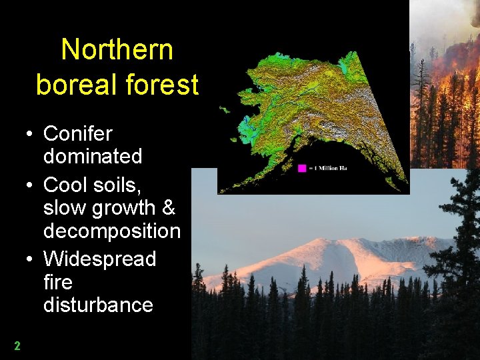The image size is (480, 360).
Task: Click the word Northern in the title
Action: tap(117, 50)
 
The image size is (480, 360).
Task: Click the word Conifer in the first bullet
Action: tap(78, 134)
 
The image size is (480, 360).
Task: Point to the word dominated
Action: tap(93, 157)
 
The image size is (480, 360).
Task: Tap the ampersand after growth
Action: tap(168, 208)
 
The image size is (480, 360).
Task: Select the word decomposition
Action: tap(111, 231)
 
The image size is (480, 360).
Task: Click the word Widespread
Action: tap(99, 259)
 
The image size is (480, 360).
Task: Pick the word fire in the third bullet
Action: tap(57, 282)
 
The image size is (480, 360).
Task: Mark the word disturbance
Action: tap(98, 305)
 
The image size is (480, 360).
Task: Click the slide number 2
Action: tap(17, 346)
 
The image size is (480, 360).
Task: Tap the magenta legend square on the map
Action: tap(302, 168)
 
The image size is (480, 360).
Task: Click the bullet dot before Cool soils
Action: tap(30, 185)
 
